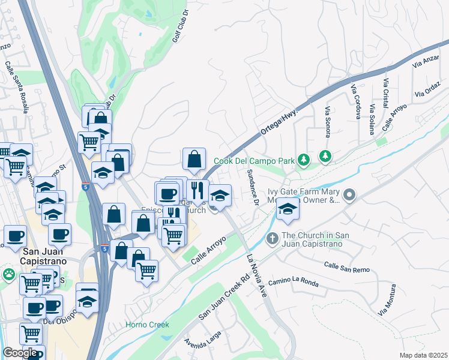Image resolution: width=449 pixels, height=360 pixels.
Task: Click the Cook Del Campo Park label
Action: point(255,161)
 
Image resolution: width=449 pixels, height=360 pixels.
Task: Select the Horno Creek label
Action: point(147,325)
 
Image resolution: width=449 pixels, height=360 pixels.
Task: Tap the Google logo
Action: point(20,353)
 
